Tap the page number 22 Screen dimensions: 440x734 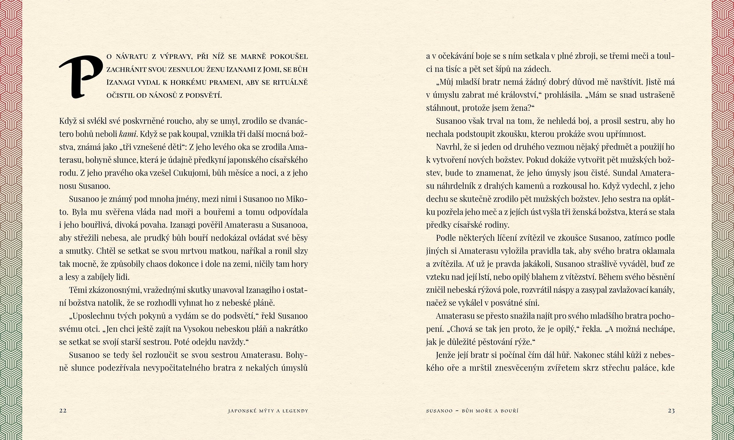[x=63, y=411]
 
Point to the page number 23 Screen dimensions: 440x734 [x=671, y=411]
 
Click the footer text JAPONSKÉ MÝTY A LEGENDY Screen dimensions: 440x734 [x=268, y=411]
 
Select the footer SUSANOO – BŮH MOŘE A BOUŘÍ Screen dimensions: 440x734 [x=472, y=411]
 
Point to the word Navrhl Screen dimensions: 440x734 [x=449, y=147]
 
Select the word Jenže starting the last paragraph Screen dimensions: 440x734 [x=446, y=355]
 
